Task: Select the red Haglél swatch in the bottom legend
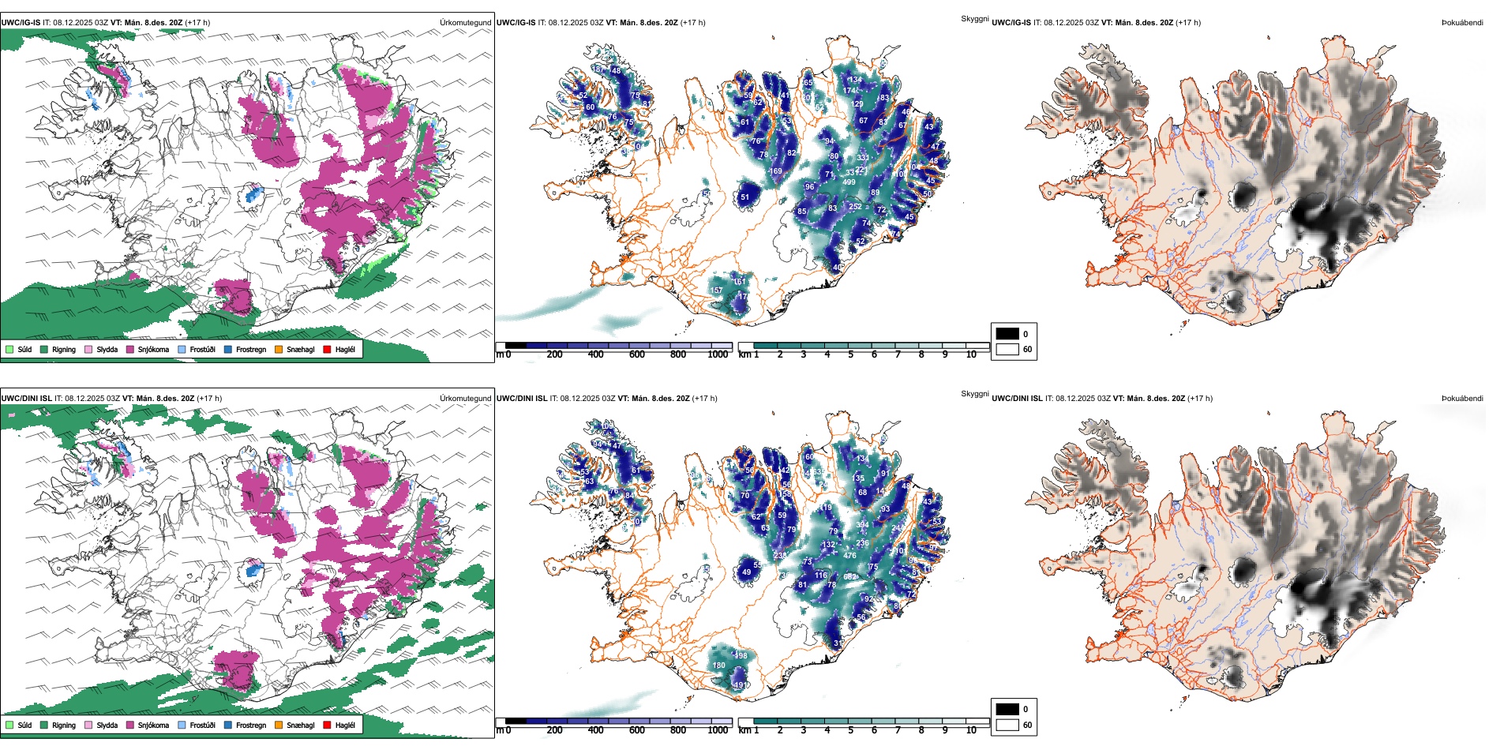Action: click(327, 725)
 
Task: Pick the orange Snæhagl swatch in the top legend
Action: click(279, 349)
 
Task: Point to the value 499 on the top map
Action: click(849, 182)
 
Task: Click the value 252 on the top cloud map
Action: click(855, 207)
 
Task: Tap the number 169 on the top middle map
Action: click(775, 171)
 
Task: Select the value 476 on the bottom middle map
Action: click(849, 556)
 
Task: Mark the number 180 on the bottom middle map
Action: click(718, 666)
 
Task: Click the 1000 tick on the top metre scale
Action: click(718, 354)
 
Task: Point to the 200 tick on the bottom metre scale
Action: click(555, 730)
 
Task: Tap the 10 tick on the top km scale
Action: click(971, 354)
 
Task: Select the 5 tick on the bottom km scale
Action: click(851, 730)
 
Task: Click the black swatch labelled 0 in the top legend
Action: click(1007, 334)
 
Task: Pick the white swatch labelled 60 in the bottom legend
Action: click(1007, 725)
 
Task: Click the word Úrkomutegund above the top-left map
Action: click(465, 23)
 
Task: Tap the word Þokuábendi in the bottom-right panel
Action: click(1462, 399)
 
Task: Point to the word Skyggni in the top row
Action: click(974, 19)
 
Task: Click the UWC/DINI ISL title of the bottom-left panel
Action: click(26, 399)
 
